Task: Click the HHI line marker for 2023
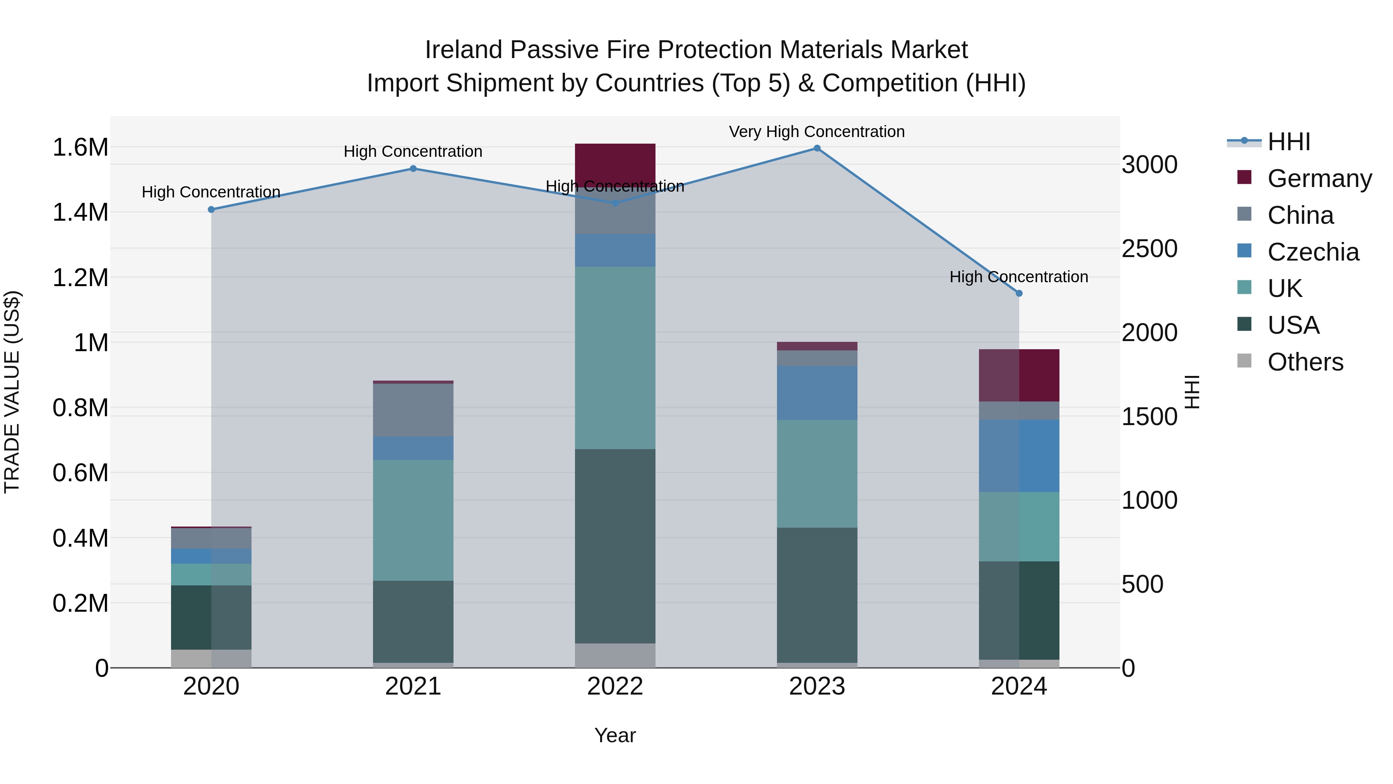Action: click(x=816, y=148)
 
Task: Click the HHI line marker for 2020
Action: click(x=211, y=209)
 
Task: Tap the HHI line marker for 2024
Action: click(x=1019, y=293)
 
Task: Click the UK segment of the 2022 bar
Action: click(x=615, y=357)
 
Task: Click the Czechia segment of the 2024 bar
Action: click(x=1019, y=456)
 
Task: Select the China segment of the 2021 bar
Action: click(x=413, y=410)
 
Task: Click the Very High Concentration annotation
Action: click(x=816, y=132)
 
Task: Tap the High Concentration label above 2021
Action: click(x=413, y=151)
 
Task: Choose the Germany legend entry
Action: click(x=1319, y=178)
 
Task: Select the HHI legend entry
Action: click(x=1289, y=142)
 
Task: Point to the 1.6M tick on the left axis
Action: click(x=80, y=147)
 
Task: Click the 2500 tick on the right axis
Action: click(x=1149, y=249)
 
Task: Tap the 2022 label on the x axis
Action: click(x=615, y=686)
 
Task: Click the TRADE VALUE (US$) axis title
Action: click(x=12, y=392)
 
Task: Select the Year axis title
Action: click(x=615, y=735)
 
